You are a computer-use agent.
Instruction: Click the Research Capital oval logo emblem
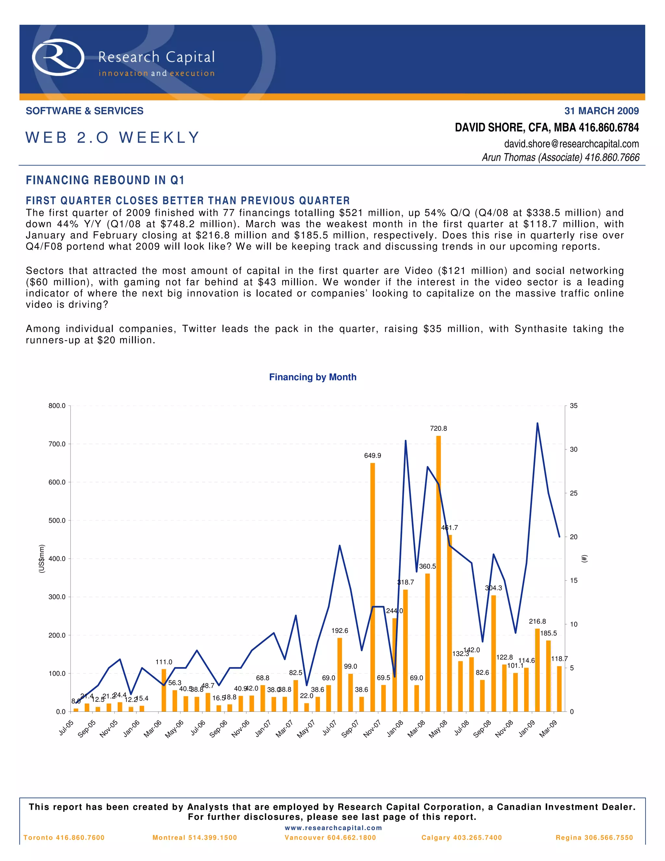[58, 57]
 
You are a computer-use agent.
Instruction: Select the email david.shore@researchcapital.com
[571, 144]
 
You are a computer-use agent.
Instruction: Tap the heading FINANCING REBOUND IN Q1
[105, 180]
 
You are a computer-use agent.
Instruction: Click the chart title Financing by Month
[312, 377]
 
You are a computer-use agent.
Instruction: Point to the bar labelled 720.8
[438, 572]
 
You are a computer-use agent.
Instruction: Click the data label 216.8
[537, 621]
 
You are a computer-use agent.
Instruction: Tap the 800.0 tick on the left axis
[57, 406]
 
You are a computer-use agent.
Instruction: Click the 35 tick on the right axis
[574, 406]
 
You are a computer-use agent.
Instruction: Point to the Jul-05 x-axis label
[66, 728]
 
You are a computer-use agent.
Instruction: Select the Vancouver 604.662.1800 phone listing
[330, 838]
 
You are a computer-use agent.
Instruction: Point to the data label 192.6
[340, 631]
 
